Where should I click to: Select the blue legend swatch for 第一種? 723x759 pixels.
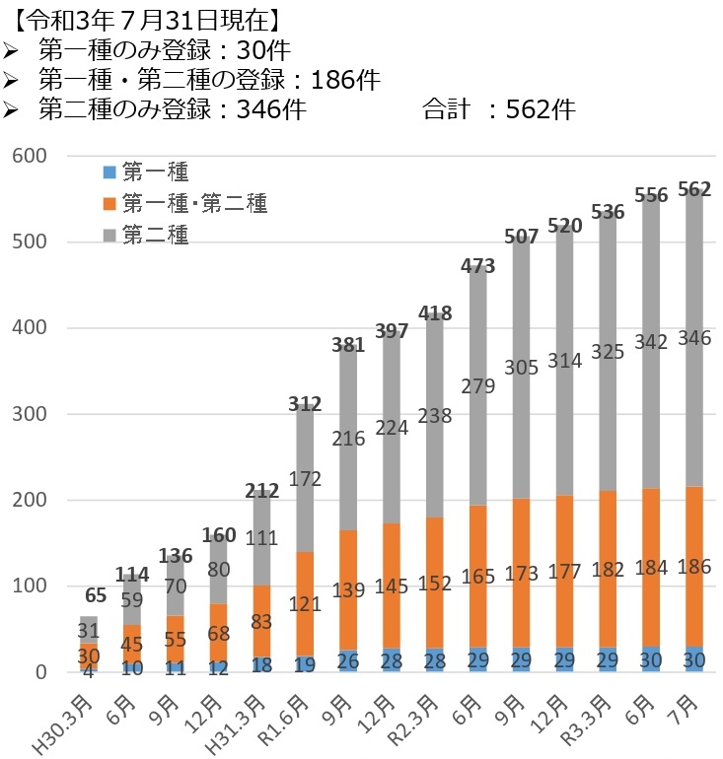(108, 172)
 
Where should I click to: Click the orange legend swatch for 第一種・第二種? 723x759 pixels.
(108, 203)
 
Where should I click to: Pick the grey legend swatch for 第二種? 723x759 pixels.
(108, 234)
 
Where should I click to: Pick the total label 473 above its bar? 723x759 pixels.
(477, 265)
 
